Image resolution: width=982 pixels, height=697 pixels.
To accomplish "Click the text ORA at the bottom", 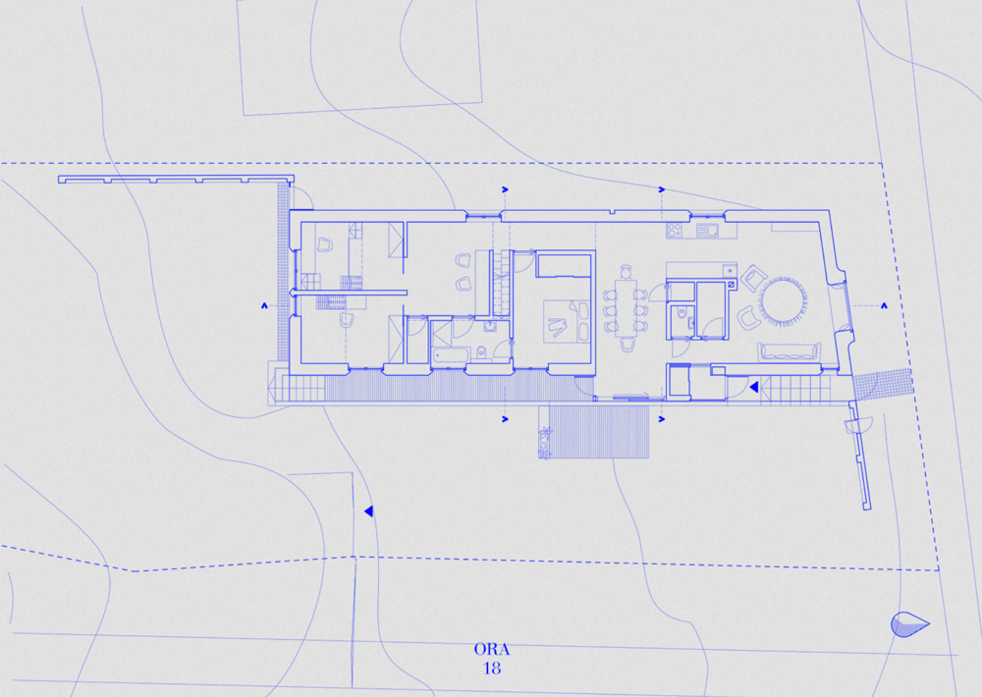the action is [x=492, y=650].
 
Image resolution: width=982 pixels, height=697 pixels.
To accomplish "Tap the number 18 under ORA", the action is [x=492, y=669].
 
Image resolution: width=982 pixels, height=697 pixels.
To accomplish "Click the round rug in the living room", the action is [x=783, y=301].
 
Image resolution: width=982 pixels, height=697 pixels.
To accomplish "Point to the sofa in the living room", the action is [x=790, y=351].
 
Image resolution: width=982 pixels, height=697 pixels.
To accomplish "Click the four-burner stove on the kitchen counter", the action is [x=675, y=230].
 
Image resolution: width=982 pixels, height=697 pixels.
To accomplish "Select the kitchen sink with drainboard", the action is [x=707, y=230].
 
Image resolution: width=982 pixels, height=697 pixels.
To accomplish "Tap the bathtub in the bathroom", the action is [x=451, y=355].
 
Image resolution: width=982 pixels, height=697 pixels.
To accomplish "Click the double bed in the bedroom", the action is [x=567, y=321].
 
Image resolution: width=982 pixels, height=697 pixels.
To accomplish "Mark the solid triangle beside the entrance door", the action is [x=754, y=387].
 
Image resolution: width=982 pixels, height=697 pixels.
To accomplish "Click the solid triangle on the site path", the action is [x=369, y=511].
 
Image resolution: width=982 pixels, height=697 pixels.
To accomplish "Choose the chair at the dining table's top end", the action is [x=627, y=272].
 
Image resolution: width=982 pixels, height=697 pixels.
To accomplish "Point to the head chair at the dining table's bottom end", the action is [x=627, y=344].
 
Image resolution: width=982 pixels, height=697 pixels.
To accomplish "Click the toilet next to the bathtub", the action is [x=481, y=352].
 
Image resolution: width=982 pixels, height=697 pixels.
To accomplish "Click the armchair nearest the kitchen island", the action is [x=753, y=278].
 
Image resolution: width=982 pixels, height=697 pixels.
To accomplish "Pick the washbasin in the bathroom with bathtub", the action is [x=490, y=326].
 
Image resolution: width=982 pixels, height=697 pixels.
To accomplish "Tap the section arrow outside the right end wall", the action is [x=884, y=305].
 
